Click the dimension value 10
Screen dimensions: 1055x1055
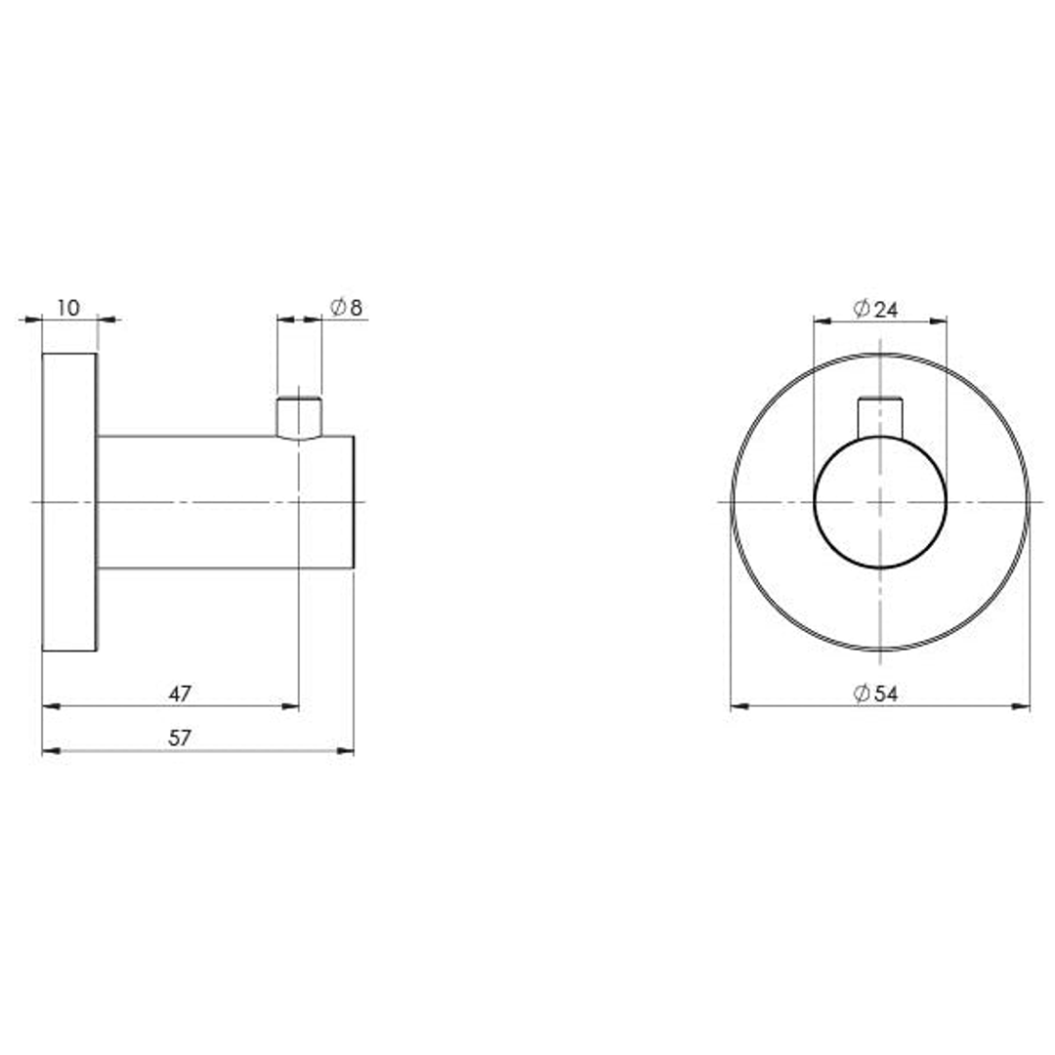(x=67, y=309)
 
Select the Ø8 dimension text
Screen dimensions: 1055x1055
(x=347, y=309)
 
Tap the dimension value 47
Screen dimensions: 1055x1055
(x=180, y=694)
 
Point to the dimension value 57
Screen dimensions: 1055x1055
(x=180, y=738)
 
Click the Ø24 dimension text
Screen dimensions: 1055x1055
(x=875, y=310)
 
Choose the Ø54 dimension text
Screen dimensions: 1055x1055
(x=875, y=695)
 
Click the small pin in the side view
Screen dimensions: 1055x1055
(x=298, y=418)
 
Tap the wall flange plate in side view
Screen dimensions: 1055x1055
(x=69, y=501)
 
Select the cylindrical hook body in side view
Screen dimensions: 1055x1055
(x=215, y=501)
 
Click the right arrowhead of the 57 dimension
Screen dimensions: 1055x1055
(x=346, y=750)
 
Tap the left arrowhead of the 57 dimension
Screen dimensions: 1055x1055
(x=50, y=750)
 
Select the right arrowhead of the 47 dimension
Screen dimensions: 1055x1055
(x=291, y=705)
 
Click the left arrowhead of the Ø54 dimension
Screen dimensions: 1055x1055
(x=738, y=705)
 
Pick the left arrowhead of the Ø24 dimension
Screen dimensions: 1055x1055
(x=822, y=319)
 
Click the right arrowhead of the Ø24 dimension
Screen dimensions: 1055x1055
(x=939, y=319)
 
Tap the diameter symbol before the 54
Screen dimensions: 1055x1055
(x=862, y=695)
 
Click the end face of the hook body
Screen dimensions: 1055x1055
(x=352, y=501)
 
